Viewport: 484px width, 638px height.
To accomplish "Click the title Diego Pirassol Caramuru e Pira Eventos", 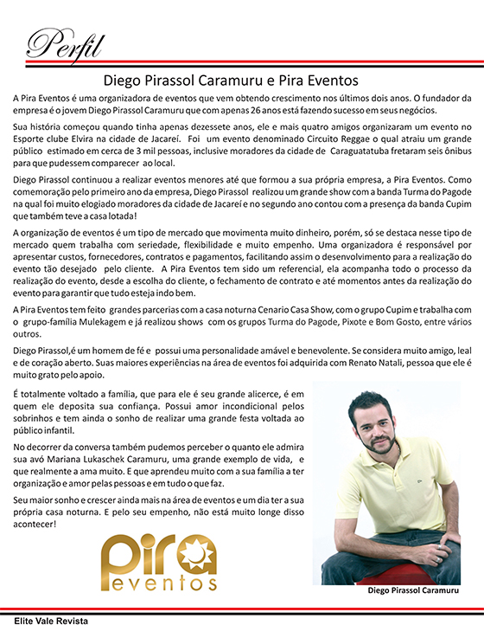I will (241, 81).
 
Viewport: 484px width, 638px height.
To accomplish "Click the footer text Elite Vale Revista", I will (50, 622).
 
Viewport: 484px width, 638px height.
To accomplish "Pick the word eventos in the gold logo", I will (158, 582).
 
